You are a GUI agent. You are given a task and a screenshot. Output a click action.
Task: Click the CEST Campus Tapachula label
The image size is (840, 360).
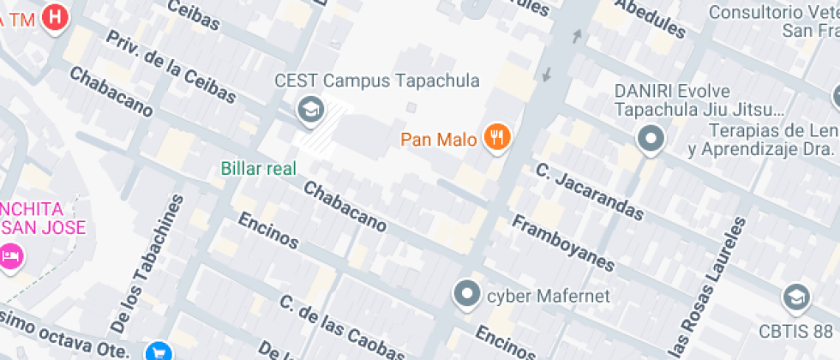pyautogui.click(x=377, y=81)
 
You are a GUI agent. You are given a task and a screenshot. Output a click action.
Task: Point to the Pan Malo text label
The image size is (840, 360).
pyautogui.click(x=438, y=139)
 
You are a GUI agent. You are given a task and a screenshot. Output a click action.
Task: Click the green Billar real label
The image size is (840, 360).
pyautogui.click(x=259, y=167)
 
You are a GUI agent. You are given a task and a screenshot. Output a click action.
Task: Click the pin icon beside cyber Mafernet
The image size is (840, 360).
pyautogui.click(x=466, y=295)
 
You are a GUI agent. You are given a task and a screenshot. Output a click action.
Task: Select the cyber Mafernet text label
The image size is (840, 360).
pyautogui.click(x=548, y=297)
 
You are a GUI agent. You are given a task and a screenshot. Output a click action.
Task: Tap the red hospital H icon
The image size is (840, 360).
pyautogui.click(x=56, y=16)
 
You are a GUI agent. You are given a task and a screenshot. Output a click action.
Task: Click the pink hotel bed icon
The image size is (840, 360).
pyautogui.click(x=10, y=255)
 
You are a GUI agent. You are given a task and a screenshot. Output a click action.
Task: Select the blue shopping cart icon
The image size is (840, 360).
pyautogui.click(x=159, y=351)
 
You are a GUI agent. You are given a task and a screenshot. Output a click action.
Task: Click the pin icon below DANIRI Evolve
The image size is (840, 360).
pyautogui.click(x=651, y=138)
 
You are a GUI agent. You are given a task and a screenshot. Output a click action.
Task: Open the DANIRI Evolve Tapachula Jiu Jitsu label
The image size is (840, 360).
pyautogui.click(x=699, y=100)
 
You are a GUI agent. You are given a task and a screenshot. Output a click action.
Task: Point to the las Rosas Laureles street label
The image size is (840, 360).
pyautogui.click(x=702, y=288)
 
